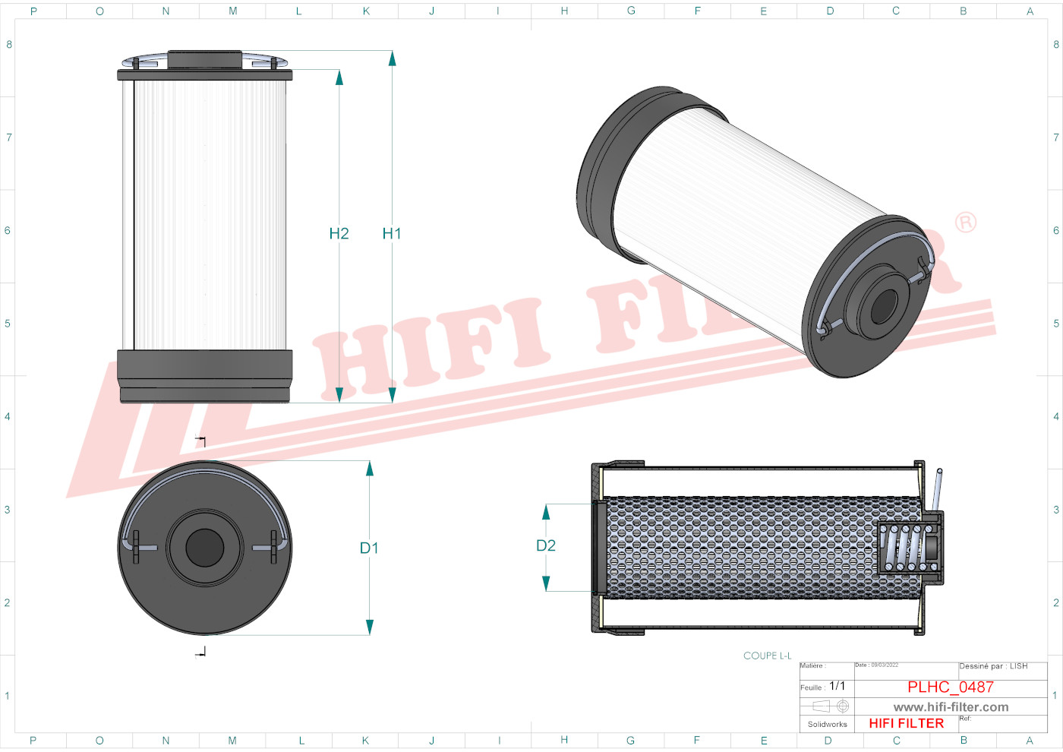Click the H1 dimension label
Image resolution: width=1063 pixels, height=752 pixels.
coord(391,234)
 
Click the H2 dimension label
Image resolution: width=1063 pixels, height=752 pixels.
coord(339,234)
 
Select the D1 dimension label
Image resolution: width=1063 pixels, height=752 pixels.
coord(369,548)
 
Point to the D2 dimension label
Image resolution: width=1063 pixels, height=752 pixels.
coord(546,546)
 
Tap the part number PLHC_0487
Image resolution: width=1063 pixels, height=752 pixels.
coord(951,687)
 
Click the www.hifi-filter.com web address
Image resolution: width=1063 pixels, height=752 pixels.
coord(951,707)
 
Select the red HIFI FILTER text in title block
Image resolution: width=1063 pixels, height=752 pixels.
coord(907,724)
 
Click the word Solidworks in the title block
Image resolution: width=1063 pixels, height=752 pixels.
coord(827,725)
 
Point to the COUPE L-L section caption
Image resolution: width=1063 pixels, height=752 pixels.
coord(767,656)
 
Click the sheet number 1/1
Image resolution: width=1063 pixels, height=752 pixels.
coord(837,687)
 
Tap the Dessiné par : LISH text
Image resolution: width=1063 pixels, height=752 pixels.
coord(993,667)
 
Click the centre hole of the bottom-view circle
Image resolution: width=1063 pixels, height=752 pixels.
coord(205,548)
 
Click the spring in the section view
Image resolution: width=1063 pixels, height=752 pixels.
coord(907,547)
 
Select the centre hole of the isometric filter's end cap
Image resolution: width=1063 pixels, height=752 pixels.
coord(884,307)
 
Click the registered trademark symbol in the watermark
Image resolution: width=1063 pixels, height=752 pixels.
coord(966,223)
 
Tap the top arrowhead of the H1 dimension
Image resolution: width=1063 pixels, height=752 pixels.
coord(393,58)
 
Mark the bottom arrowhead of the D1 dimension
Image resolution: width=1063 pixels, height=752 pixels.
coord(370,627)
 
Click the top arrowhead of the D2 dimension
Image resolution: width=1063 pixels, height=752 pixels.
coord(546,512)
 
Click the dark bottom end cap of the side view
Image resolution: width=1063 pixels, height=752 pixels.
coord(205,375)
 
